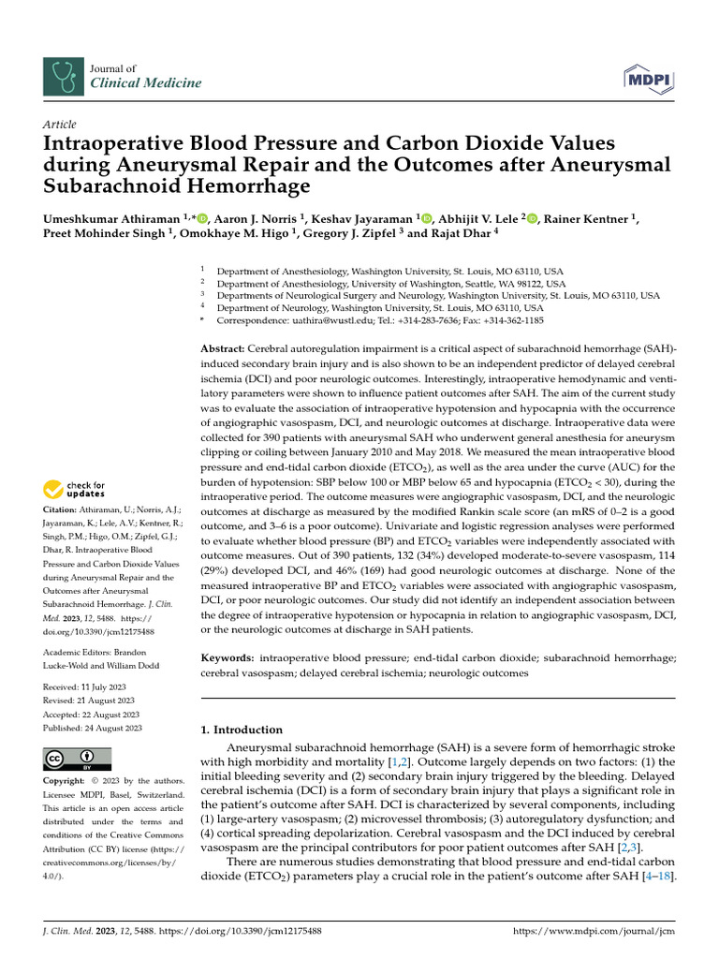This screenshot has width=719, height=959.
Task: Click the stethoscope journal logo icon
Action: (x=62, y=75)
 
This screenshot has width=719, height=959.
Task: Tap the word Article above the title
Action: (x=60, y=125)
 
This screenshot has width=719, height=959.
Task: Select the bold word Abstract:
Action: (x=225, y=348)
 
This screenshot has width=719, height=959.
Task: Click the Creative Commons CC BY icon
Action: (x=77, y=758)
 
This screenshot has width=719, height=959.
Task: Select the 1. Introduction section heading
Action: (x=242, y=730)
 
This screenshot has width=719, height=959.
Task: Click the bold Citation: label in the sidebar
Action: (x=63, y=509)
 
